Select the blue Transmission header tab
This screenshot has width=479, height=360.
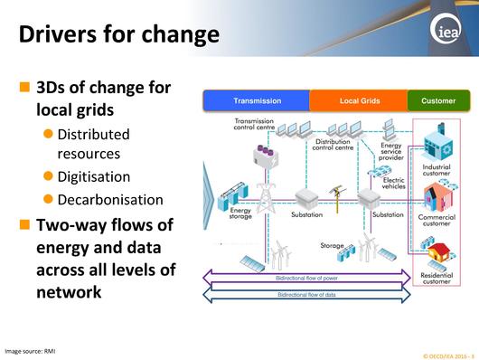257,100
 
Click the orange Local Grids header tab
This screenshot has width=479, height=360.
359,100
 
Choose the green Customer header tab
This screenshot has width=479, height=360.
438,100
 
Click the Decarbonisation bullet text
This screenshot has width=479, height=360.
110,199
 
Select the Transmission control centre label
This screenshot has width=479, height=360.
259,125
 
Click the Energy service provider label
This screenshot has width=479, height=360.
391,151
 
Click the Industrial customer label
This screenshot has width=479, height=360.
436,171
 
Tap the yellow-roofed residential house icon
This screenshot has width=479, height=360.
440,251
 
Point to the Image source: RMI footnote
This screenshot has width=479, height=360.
30,349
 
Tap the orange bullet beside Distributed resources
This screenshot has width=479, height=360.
50,135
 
